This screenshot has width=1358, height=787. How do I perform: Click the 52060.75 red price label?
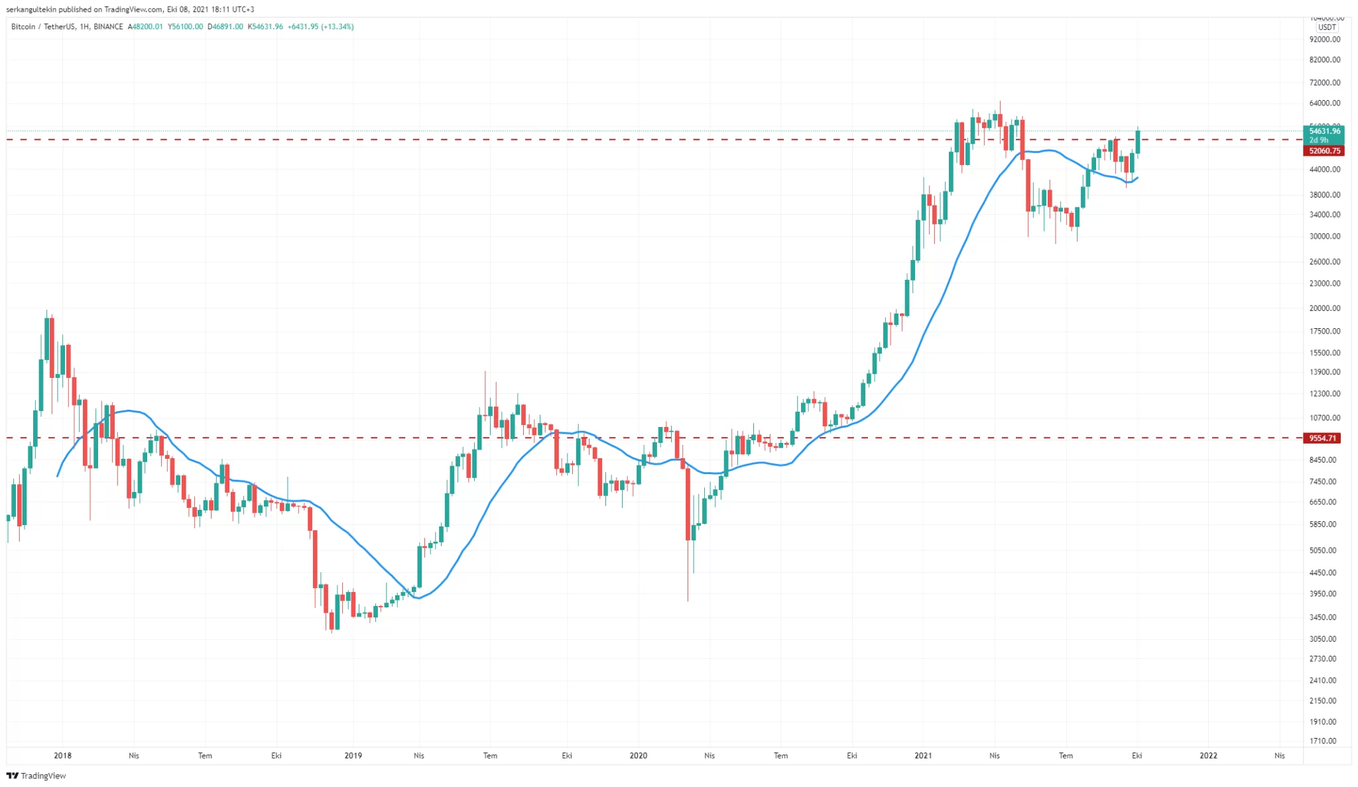coord(1324,151)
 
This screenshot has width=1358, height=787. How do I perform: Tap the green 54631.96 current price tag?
coord(1324,131)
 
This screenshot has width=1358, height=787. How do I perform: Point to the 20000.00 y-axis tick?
coord(1325,308)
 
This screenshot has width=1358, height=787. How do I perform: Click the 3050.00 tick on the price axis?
coord(1325,639)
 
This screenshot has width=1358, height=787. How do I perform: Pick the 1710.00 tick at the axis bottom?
coord(1325,741)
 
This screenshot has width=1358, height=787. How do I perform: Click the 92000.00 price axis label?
coord(1325,40)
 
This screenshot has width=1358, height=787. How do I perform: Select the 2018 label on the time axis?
coord(62,756)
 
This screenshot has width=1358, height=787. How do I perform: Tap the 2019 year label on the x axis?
coord(353,756)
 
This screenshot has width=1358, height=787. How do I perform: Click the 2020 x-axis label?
coord(638,756)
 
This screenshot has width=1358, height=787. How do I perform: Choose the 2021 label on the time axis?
coord(923,756)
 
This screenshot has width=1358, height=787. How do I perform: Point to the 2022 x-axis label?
coord(1208,756)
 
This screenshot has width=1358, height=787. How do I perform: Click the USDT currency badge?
coord(1327,27)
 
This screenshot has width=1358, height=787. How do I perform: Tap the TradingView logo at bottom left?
coord(36,776)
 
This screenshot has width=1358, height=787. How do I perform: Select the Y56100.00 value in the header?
coord(185,27)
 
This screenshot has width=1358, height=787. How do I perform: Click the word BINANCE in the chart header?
coord(108,27)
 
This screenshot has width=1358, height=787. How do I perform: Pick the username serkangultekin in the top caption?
coord(31,9)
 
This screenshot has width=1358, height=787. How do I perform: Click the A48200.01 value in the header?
coord(145,27)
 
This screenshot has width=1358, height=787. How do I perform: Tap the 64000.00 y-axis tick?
coord(1325,103)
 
